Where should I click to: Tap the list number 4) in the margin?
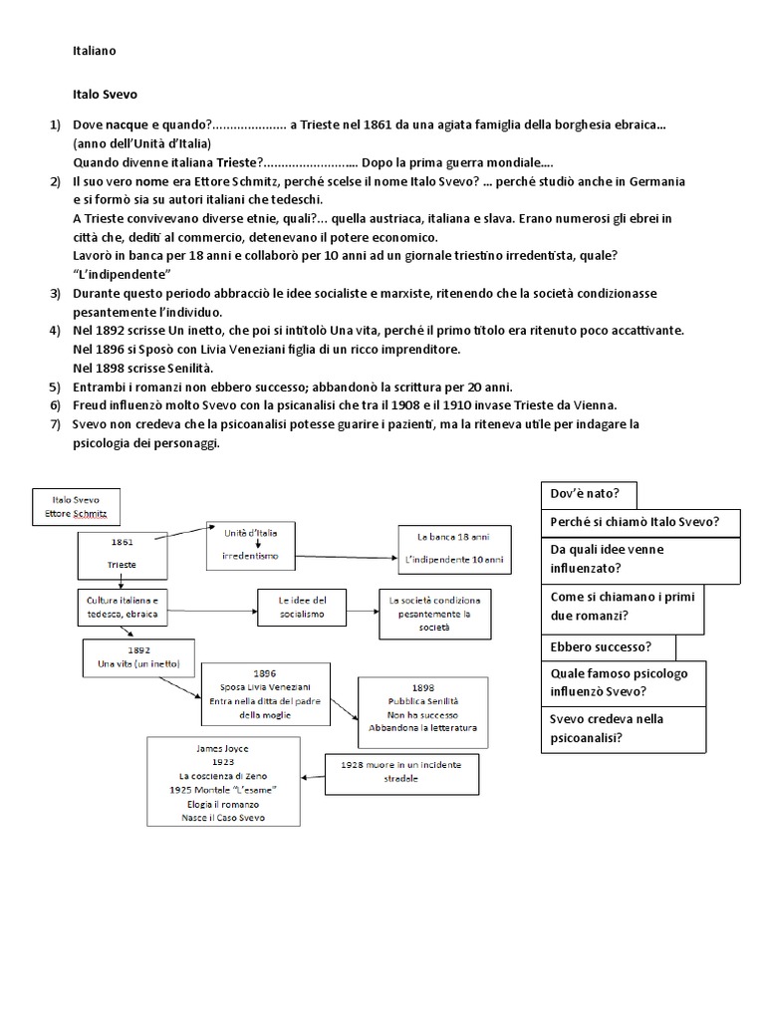56,329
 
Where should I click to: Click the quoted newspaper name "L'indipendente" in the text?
124,273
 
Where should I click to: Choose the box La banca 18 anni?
454,549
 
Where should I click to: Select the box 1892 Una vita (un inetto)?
130,657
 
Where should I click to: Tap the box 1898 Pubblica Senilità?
422,707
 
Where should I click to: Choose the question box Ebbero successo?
608,646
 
